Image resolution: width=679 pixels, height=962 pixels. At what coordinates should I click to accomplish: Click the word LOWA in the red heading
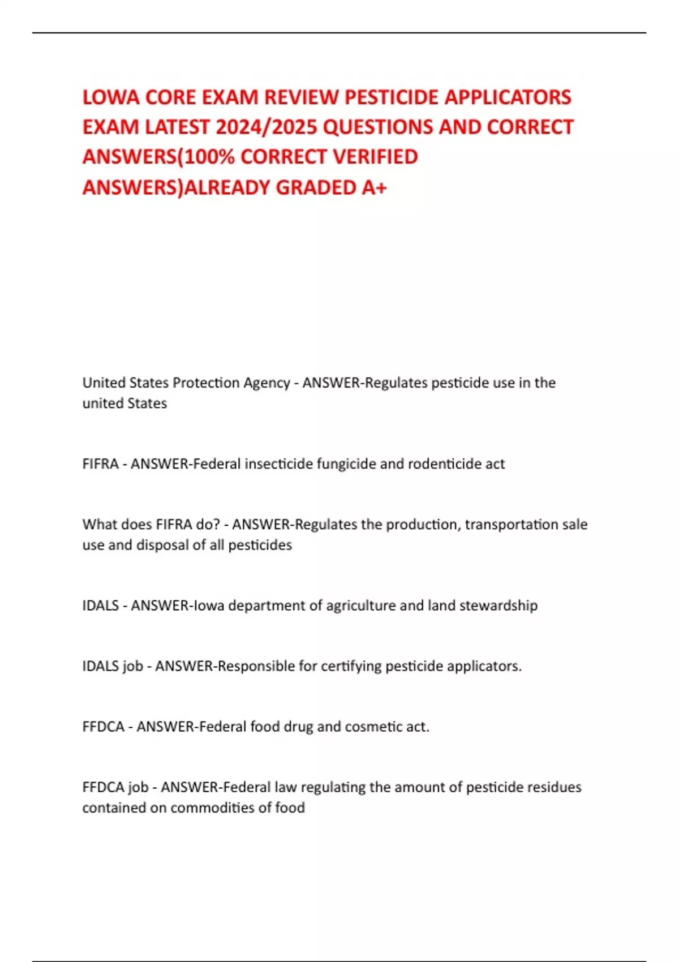111,97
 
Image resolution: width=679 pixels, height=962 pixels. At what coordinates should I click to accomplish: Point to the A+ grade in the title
374,187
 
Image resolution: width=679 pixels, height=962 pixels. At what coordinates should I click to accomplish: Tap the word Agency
267,383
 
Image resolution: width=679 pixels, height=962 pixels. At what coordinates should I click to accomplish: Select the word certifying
351,666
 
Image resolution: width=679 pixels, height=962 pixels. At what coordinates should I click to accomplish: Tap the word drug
298,727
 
